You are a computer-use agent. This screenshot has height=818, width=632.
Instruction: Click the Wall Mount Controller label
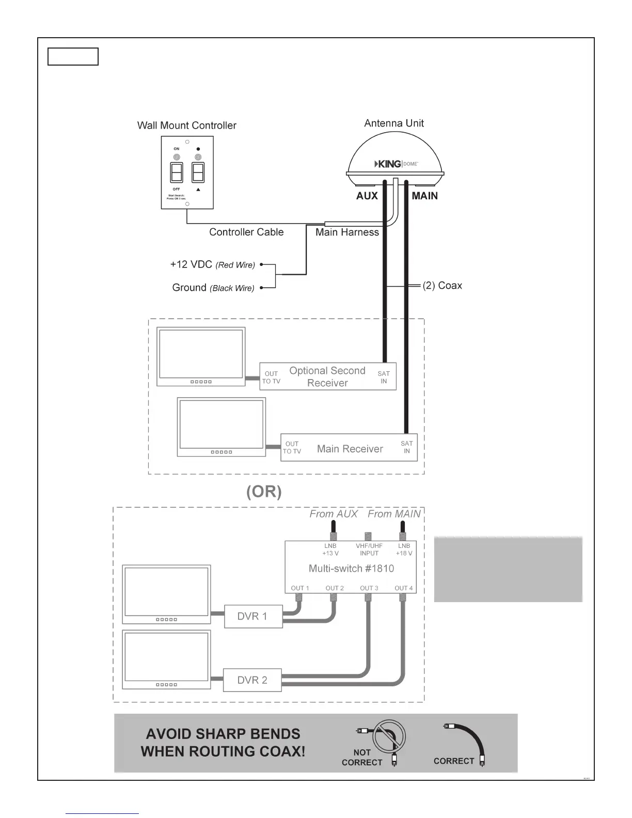point(186,125)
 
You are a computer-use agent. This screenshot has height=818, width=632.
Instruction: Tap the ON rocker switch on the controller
point(177,172)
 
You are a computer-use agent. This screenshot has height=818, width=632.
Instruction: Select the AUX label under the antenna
point(367,196)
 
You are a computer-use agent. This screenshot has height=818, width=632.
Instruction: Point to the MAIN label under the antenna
point(424,196)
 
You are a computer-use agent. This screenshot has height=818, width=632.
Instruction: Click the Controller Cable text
point(246,232)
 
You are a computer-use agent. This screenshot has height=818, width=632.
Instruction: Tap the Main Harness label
point(347,232)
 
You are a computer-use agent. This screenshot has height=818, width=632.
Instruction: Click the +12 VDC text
point(191,264)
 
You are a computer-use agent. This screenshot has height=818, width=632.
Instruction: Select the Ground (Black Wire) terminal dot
point(262,288)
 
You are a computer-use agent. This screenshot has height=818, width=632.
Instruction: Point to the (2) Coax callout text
point(442,286)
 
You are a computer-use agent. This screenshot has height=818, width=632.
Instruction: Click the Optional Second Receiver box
point(327,377)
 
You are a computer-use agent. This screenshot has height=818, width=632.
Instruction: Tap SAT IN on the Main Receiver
point(406,447)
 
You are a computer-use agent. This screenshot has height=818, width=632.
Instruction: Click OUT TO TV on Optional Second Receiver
point(271,377)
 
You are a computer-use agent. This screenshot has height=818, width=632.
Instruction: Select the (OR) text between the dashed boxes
point(264,492)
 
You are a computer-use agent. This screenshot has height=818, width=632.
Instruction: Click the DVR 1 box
point(253,616)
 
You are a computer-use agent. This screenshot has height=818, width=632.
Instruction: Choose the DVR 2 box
point(252,680)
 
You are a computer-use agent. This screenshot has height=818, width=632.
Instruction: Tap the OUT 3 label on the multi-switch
point(369,588)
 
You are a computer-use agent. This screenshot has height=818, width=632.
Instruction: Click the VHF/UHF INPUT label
point(369,549)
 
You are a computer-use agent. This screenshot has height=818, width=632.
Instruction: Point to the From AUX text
point(333,514)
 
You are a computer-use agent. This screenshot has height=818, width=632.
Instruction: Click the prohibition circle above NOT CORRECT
point(389,737)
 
